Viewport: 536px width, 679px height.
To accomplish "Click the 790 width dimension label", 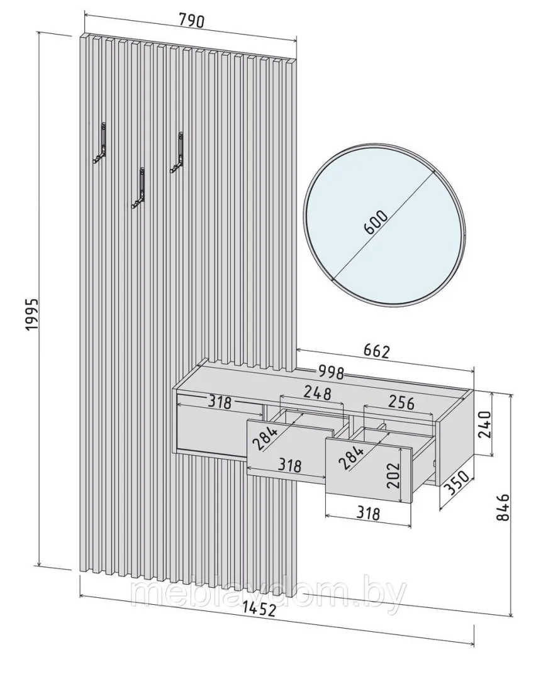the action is [x=191, y=20].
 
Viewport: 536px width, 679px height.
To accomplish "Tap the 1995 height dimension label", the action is [x=32, y=315].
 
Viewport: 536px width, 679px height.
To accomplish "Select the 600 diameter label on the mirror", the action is [x=375, y=223].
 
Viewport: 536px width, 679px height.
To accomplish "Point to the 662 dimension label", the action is [x=376, y=351].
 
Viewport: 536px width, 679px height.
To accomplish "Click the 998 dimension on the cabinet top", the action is [x=331, y=372].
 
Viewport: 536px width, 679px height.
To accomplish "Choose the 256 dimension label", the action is [x=401, y=402].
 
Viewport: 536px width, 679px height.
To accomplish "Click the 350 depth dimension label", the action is [x=457, y=483].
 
